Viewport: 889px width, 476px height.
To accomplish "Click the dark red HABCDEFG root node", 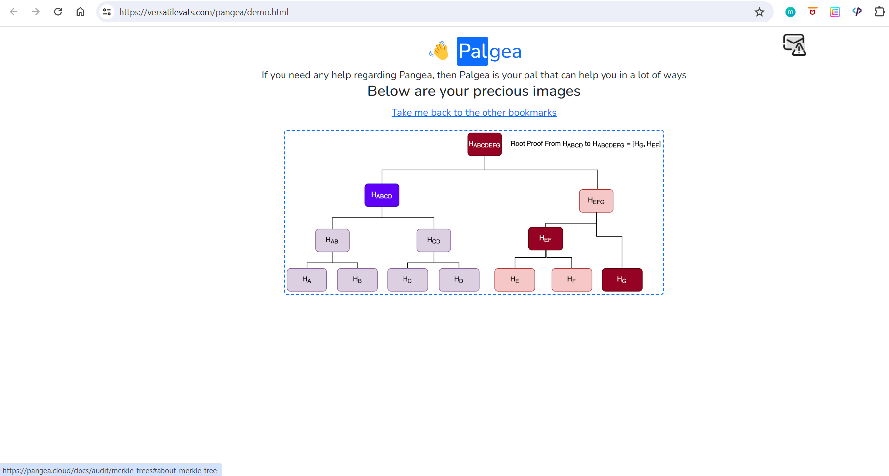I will click(485, 144).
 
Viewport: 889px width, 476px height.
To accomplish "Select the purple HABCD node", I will click(382, 195).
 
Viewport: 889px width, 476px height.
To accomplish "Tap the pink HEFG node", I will click(596, 201).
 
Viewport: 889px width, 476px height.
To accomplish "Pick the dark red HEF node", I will click(545, 239).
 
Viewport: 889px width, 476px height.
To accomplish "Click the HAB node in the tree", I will click(332, 240).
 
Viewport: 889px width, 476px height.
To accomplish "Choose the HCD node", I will click(434, 240).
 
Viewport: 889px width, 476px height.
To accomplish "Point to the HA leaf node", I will click(307, 280).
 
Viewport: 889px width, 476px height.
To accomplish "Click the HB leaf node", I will click(357, 280).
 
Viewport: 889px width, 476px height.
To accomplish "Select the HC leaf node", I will click(407, 280).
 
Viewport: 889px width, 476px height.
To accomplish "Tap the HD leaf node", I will click(459, 280).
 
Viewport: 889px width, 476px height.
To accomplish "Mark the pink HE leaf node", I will click(515, 280).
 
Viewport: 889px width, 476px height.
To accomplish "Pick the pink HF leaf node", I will click(571, 280).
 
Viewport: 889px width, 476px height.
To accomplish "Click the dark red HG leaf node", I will click(622, 280).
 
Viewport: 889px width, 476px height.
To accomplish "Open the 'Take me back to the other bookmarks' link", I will click(474, 113).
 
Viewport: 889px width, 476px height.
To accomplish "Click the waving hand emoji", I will click(439, 51).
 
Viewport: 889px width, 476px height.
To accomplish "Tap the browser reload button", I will click(58, 12).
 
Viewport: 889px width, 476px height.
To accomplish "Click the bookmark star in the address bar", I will click(759, 12).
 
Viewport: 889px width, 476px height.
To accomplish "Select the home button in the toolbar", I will click(80, 12).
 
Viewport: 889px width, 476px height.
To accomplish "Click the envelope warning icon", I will click(794, 45).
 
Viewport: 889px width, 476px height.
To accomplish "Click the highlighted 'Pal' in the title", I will click(473, 51).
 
